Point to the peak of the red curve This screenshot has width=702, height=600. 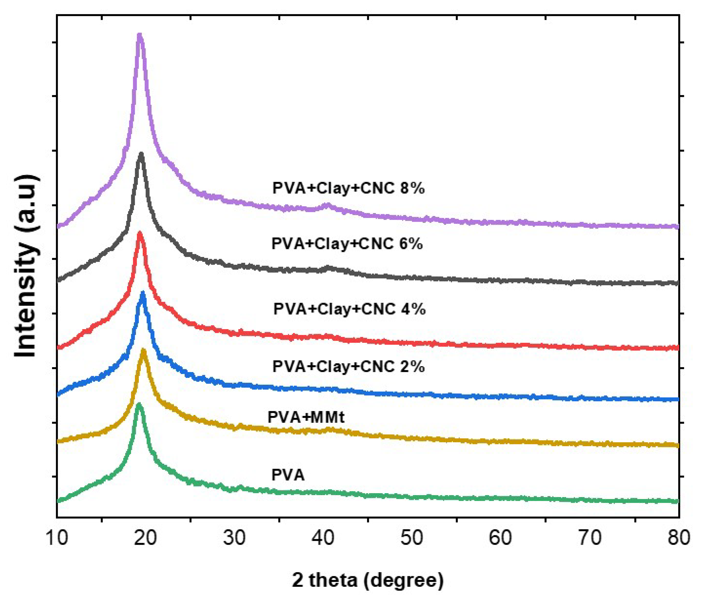[139, 233]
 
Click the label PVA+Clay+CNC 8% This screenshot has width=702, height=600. [348, 188]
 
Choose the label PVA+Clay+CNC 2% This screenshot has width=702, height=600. [348, 367]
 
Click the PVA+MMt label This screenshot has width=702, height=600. [306, 417]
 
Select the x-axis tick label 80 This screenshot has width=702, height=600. [679, 538]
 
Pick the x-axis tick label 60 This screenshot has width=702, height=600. [501, 538]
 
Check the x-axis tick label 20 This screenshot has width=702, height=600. [145, 538]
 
